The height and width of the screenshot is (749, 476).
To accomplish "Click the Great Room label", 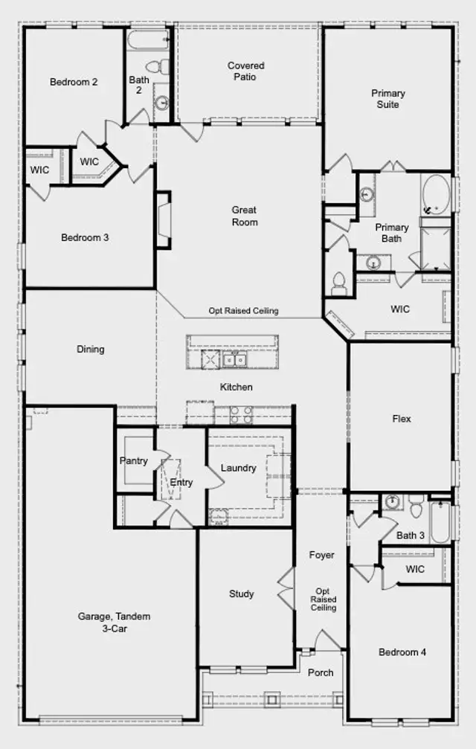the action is [x=245, y=216].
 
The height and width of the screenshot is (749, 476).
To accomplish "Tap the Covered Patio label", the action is [x=245, y=71].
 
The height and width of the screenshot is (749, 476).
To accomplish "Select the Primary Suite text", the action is [x=388, y=99].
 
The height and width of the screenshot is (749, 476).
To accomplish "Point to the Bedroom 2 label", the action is [x=74, y=82].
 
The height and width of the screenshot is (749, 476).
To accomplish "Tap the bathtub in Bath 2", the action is [x=149, y=40].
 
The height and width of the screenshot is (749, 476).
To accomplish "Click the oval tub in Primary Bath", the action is [x=436, y=195].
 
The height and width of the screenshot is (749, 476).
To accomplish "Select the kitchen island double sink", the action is [x=234, y=359].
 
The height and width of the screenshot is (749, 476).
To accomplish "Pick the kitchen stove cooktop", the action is [x=241, y=415].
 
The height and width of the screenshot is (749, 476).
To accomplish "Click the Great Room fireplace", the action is [x=164, y=220].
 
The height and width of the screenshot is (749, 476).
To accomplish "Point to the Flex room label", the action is [x=402, y=419].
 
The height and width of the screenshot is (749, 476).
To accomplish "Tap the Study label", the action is [x=241, y=594].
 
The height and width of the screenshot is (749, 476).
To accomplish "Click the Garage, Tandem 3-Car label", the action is [x=115, y=623].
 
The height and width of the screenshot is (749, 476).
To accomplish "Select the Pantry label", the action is [x=133, y=461].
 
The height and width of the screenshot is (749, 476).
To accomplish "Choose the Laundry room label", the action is [x=238, y=468].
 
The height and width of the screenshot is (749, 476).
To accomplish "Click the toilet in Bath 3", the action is [x=416, y=506].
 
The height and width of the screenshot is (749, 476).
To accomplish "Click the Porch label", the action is [x=321, y=672].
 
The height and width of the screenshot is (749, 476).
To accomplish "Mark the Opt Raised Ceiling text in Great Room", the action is [x=243, y=311].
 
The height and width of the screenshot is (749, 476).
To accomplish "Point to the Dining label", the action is [x=90, y=349].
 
